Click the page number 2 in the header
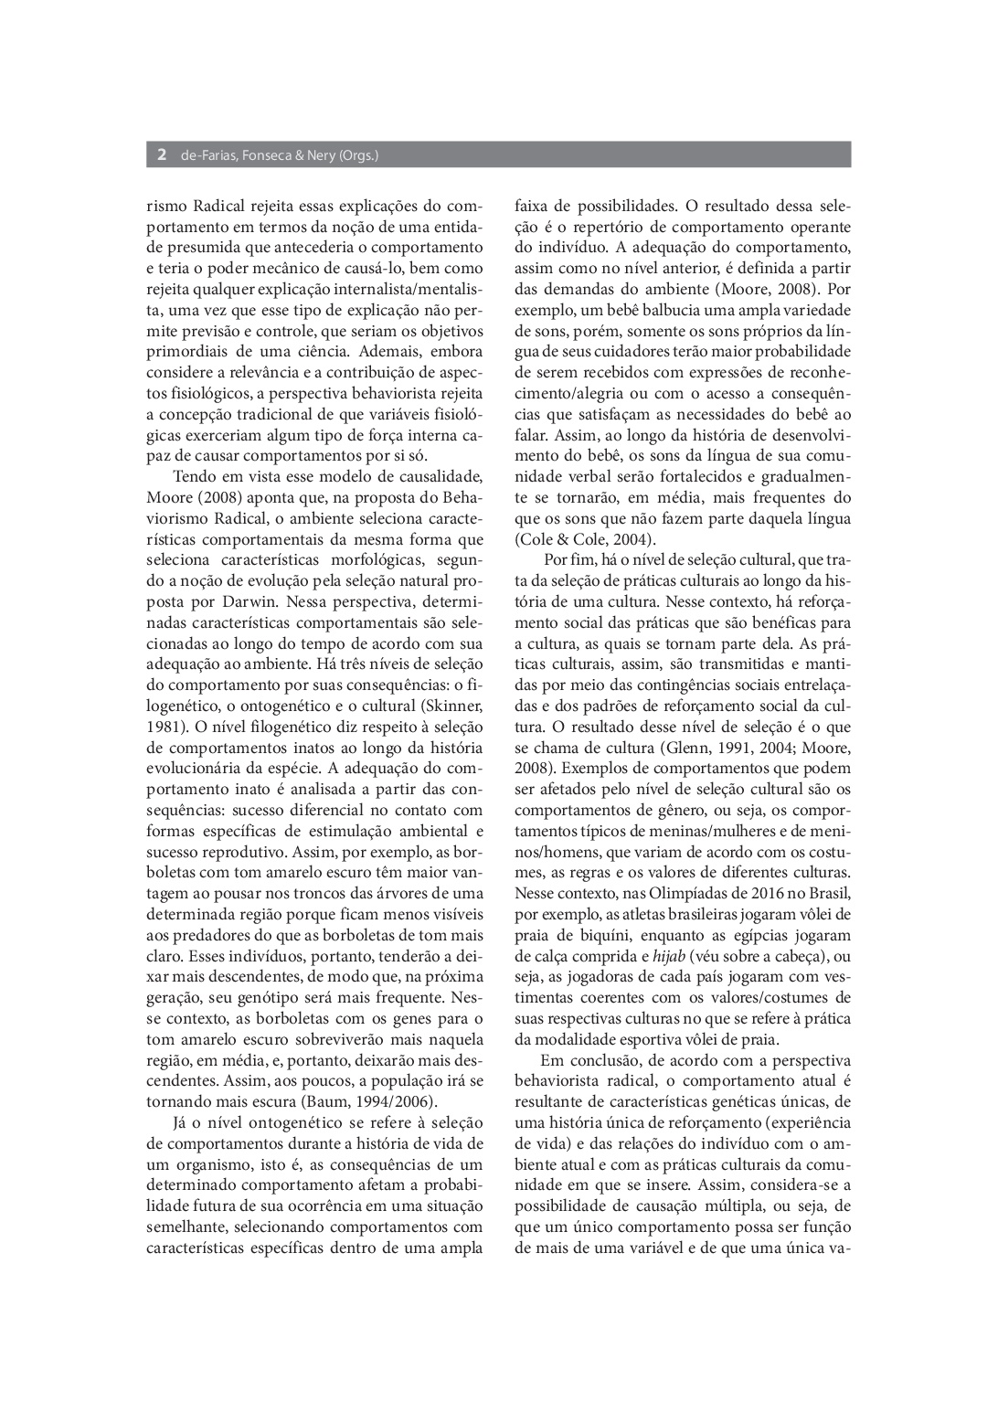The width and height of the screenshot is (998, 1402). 161,155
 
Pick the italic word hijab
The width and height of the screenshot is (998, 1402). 668,956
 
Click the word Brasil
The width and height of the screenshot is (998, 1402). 829,892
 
